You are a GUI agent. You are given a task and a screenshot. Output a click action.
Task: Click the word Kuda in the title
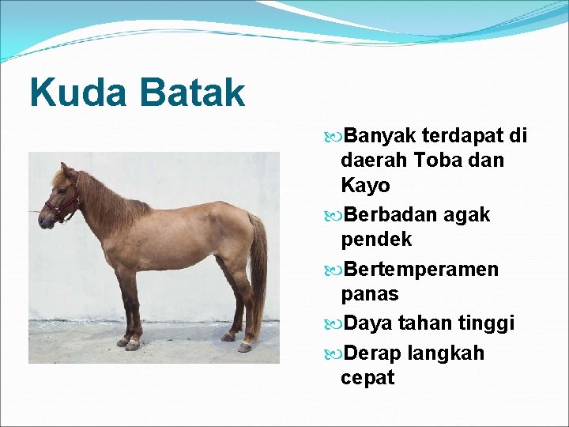[x=77, y=93]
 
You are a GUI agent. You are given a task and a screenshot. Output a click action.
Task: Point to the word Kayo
[x=365, y=186]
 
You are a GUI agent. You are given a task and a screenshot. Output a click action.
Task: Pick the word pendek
[x=376, y=240]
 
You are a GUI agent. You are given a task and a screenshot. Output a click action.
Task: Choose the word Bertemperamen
[x=420, y=270]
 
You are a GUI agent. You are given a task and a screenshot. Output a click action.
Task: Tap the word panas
[x=369, y=294]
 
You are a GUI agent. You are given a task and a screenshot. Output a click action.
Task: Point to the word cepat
[x=367, y=378]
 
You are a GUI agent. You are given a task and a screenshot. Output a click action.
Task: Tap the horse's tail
[x=258, y=269]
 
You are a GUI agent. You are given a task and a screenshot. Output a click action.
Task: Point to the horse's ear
[x=65, y=170]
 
